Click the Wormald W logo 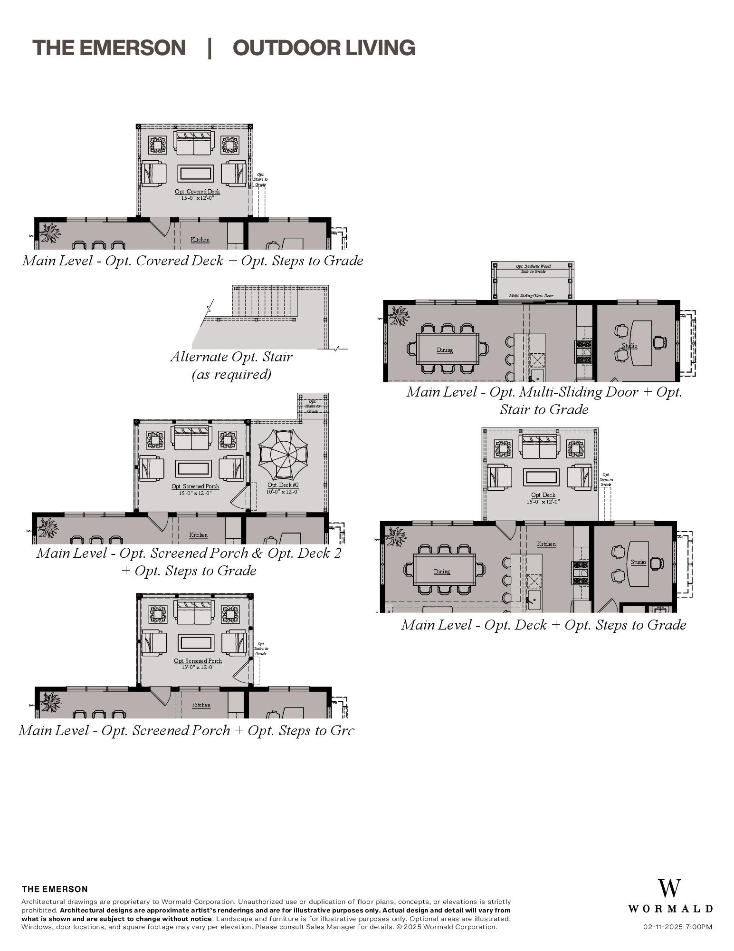tap(669, 889)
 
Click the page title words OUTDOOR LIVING tap(324, 48)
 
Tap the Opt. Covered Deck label tap(197, 192)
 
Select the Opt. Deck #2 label tap(283, 485)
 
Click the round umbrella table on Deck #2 tap(283, 455)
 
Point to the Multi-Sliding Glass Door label tap(531, 296)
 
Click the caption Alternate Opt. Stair tap(231, 357)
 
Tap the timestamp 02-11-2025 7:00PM tap(678, 927)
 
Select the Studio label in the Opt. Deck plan tap(638, 562)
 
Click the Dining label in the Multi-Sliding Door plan tap(445, 350)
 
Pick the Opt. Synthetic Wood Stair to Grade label tap(533, 269)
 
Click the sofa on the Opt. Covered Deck tap(194, 143)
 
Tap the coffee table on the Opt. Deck tap(541, 477)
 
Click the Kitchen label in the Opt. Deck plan tap(546, 544)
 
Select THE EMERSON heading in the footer tap(55, 889)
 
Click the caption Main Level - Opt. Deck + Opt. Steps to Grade tap(543, 625)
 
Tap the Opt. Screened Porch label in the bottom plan tap(198, 661)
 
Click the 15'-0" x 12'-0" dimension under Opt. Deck tap(543, 502)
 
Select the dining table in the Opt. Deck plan tap(444, 570)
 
